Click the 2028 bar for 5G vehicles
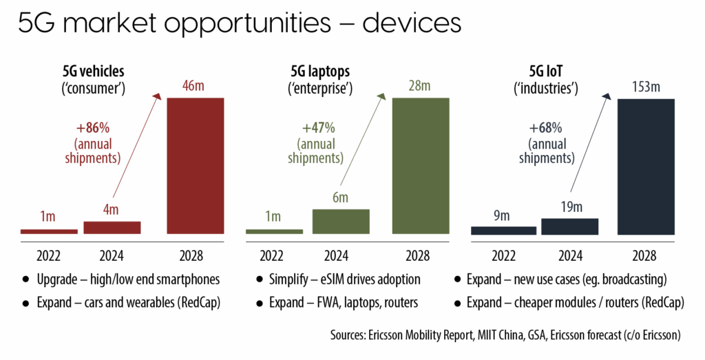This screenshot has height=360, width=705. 196,166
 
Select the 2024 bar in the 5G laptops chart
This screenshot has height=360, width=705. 341,221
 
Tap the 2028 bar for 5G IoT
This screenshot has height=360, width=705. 646,167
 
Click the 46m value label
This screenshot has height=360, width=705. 196,87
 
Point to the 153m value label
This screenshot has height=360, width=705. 646,87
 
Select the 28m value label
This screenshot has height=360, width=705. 421,87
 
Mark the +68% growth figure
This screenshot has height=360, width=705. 546,128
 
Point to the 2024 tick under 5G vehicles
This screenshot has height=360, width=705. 112,256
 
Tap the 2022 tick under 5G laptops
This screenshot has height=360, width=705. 274,256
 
